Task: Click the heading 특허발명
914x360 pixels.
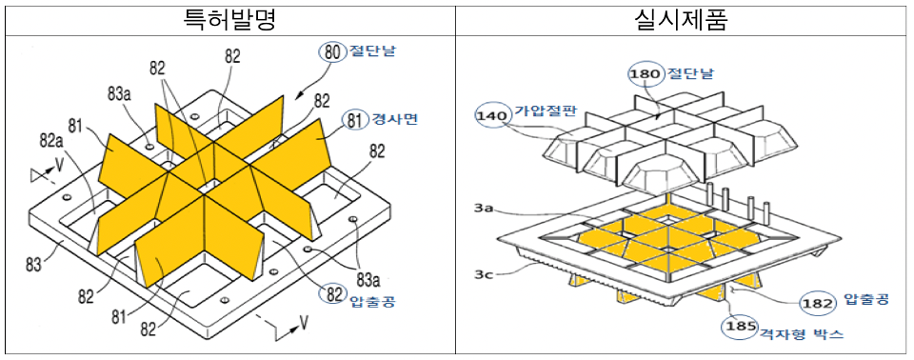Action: pos(228,19)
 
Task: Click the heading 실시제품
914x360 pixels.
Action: pos(682,19)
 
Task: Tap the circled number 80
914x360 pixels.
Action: pos(331,52)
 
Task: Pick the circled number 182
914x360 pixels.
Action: pos(820,303)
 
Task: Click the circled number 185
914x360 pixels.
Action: pos(739,328)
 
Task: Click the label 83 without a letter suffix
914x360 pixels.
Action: pos(34,266)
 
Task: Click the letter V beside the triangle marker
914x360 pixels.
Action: pos(59,168)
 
